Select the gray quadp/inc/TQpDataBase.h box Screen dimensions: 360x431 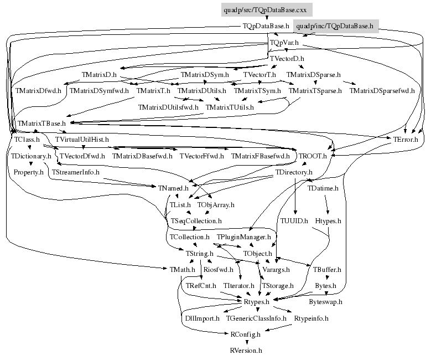335,26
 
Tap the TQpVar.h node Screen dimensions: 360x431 284,42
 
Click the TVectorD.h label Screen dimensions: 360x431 287,58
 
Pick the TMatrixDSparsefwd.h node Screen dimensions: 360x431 382,90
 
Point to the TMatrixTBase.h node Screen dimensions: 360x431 41,123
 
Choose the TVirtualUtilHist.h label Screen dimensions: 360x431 82,139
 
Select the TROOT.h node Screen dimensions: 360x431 313,156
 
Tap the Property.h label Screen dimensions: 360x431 29,172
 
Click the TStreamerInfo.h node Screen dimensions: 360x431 75,172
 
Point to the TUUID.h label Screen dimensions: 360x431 294,220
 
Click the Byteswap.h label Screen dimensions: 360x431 325,302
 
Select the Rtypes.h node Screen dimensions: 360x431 256,302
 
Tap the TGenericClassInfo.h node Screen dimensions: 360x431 256,318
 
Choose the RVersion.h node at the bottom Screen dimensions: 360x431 246,351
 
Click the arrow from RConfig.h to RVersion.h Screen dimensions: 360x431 246,342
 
